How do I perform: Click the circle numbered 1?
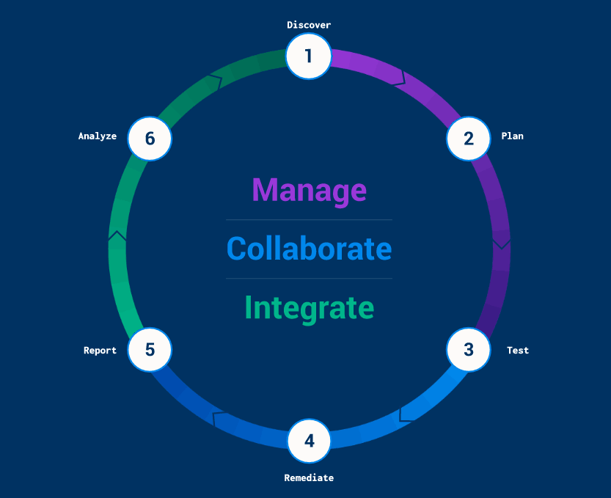[308, 56]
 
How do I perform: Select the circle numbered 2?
[469, 138]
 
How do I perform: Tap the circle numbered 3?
[469, 350]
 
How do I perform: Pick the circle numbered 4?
[309, 441]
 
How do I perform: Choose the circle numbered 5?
[150, 349]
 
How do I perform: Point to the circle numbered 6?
[150, 138]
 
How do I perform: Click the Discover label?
[309, 25]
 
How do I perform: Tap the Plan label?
[512, 136]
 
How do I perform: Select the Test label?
[518, 351]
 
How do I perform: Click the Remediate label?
[309, 478]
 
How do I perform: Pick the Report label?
[100, 351]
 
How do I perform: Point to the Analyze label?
[98, 136]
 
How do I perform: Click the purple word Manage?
[309, 190]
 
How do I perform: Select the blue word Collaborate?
[309, 249]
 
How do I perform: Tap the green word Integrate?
[309, 307]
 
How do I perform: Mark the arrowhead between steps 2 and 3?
[501, 240]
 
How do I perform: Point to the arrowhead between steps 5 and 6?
[117, 236]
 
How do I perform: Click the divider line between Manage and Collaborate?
[309, 219]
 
